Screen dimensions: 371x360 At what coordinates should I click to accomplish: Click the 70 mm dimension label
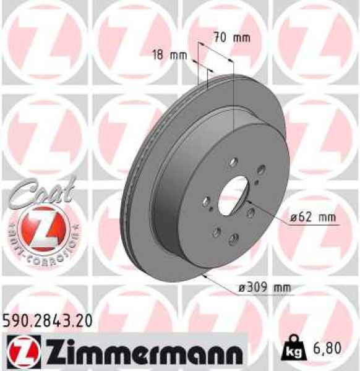(232, 38)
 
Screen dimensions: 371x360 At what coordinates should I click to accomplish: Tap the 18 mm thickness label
(169, 55)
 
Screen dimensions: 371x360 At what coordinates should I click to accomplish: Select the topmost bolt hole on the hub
(233, 162)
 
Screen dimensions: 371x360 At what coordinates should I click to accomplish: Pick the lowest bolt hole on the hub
(233, 239)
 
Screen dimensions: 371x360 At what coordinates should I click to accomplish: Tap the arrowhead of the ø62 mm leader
(247, 202)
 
